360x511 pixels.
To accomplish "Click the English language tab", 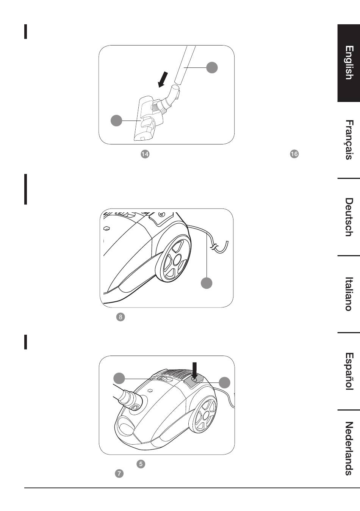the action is pos(349,63).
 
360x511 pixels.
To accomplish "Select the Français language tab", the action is pos(349,140).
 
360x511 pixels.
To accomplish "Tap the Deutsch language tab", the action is pos(349,217).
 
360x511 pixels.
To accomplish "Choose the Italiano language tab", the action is pos(349,294).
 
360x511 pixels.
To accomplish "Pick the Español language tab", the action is pos(349,371).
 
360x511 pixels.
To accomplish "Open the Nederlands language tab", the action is pos(349,449).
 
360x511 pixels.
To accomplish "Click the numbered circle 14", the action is pos(145,154).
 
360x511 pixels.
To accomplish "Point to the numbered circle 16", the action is pos(294,154).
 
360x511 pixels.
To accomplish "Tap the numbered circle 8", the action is pos(121,317).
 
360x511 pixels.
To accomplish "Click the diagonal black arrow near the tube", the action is pos(163,80).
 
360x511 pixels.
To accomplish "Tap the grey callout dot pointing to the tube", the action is pos(212,67).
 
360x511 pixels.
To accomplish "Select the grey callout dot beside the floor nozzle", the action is pos(116,120).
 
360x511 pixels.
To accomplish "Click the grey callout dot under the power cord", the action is pos(207,283).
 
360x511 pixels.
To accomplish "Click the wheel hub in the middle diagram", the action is pos(177,259).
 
